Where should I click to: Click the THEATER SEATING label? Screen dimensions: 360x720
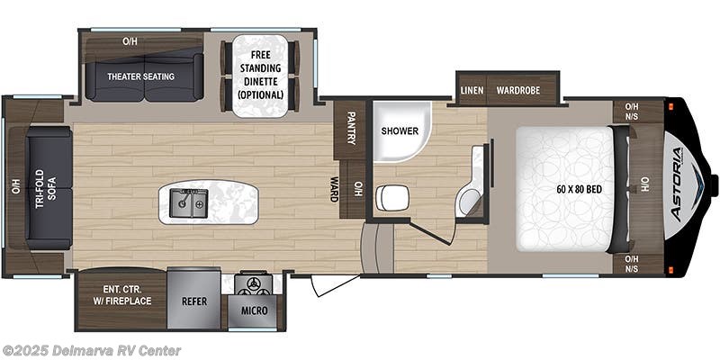[x=140, y=76]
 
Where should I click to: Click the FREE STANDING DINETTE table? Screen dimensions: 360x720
[x=260, y=76]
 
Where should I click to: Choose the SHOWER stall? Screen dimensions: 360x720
[x=399, y=130]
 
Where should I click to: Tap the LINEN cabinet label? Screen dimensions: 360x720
[x=472, y=90]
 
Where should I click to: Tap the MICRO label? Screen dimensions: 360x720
[x=253, y=310]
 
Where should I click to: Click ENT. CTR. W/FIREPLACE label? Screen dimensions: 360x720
[x=124, y=294]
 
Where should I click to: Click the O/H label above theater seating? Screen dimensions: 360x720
[x=130, y=41]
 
